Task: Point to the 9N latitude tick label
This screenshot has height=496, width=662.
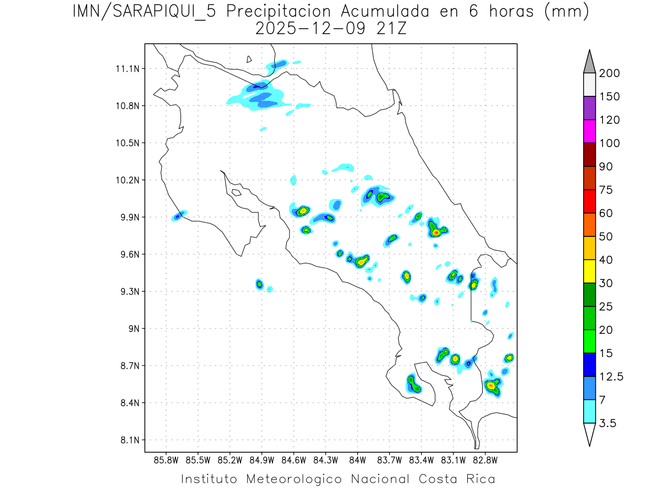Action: [134, 328]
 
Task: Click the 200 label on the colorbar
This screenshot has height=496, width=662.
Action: [609, 74]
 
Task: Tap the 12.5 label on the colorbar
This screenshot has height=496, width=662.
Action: [611, 376]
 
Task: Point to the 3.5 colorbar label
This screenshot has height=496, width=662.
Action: [608, 423]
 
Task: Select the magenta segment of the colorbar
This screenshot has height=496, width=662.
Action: [589, 132]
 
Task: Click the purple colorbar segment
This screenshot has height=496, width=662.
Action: [589, 109]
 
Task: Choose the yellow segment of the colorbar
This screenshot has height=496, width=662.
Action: [589, 271]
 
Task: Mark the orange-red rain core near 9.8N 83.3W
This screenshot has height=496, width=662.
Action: [436, 233]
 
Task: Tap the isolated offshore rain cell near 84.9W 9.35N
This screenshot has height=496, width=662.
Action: [259, 284]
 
